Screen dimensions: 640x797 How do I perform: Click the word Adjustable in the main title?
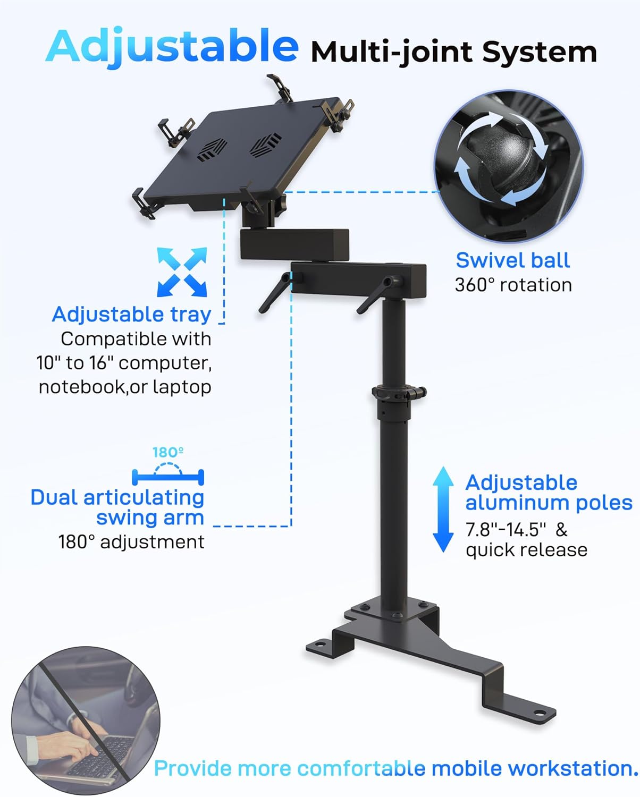(172, 47)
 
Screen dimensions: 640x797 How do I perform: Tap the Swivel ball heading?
(512, 260)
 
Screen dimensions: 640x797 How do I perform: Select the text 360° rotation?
(513, 285)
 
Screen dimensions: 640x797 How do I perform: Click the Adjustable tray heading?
(131, 314)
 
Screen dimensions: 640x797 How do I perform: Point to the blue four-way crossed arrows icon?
(182, 272)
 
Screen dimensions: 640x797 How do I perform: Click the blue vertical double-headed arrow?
(443, 510)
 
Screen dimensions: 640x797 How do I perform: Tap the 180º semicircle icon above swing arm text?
(168, 470)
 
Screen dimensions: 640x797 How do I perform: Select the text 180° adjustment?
(131, 542)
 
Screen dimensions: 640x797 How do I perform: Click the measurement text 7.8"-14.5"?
(506, 530)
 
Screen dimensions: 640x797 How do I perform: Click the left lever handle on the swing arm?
(274, 292)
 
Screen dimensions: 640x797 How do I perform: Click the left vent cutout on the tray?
(211, 150)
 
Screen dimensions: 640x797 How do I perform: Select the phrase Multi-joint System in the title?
(453, 52)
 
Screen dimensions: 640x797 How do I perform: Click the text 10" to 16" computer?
(124, 363)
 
